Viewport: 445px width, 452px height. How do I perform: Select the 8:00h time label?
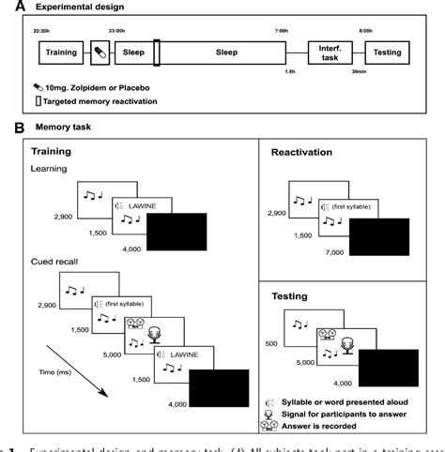click(398, 30)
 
